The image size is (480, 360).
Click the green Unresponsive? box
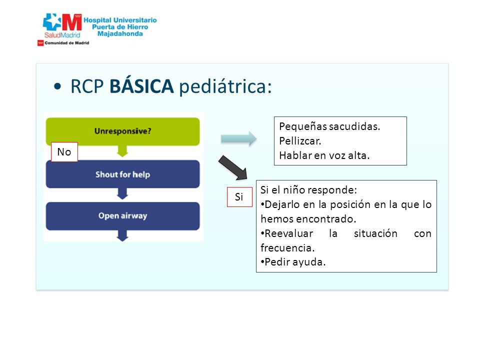[x=123, y=131]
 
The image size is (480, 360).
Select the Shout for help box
[x=123, y=174]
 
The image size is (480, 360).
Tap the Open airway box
[x=123, y=216]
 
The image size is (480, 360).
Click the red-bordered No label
[x=64, y=152]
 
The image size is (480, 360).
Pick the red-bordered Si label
[x=239, y=197]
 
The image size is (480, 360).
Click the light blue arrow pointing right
[x=239, y=139]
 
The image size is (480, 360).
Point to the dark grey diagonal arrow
[x=233, y=168]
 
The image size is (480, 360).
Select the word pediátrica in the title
[x=225, y=86]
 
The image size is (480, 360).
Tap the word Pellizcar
[x=300, y=141]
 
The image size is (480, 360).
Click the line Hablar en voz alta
[x=324, y=155]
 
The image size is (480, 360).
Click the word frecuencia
[x=287, y=248]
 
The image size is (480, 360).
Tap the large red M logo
[x=72, y=22]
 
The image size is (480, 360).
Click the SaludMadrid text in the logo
[x=62, y=35]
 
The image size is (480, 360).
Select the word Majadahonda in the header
[x=120, y=33]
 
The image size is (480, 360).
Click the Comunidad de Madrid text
[x=66, y=43]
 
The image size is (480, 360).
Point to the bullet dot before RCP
[x=57, y=86]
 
